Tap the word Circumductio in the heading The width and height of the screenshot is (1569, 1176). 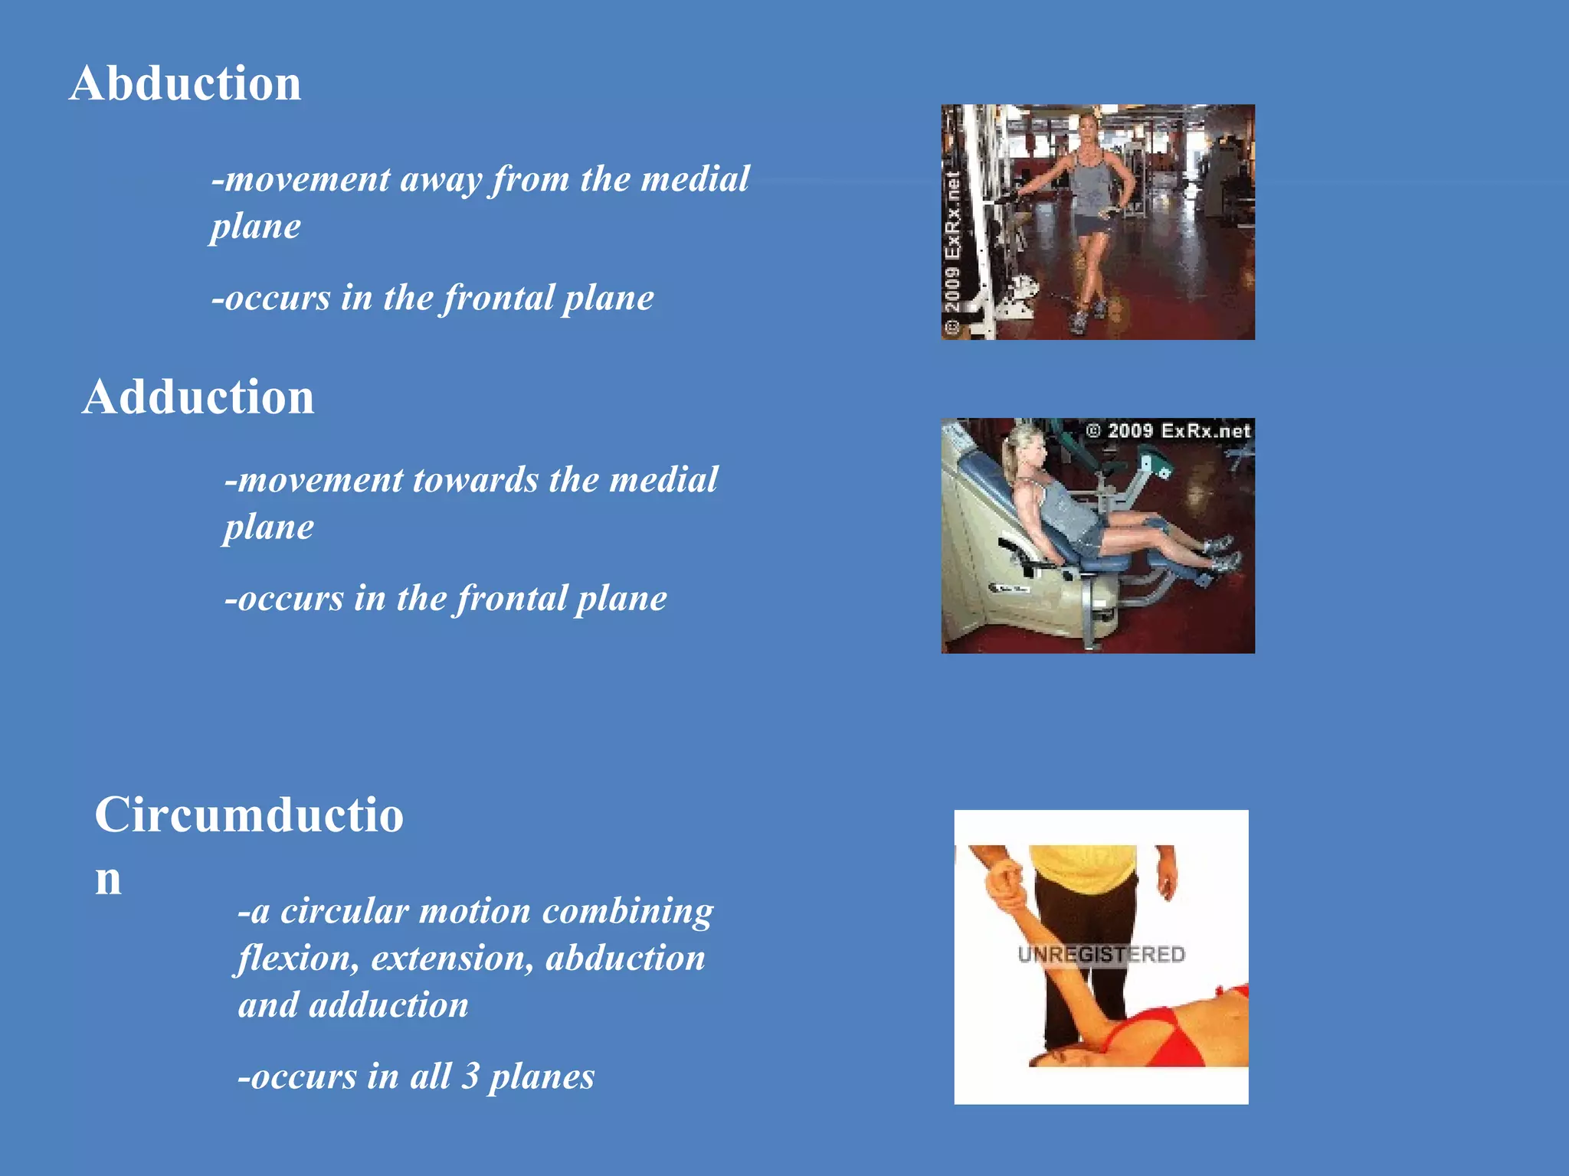tap(249, 815)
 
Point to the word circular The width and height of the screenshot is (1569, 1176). tap(344, 911)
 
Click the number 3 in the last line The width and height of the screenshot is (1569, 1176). tap(470, 1076)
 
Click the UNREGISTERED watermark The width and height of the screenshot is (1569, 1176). tap(1101, 955)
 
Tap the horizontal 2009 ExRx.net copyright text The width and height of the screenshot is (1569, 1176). tap(1168, 431)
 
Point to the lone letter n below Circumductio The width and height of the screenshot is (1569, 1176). tap(108, 879)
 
